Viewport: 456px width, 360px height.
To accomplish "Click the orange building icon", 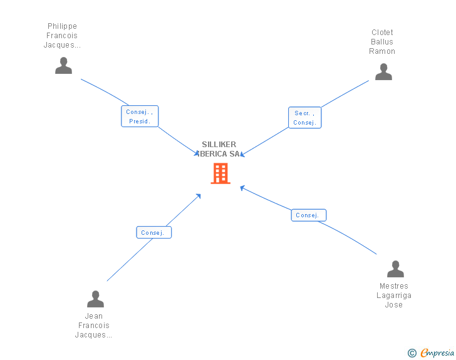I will pyautogui.click(x=220, y=173).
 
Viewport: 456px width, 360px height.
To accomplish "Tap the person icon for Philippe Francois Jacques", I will pyautogui.click(x=63, y=66).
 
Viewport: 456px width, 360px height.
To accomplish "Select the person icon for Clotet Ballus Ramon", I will pyautogui.click(x=383, y=72).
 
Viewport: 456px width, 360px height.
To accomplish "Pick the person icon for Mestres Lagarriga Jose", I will pyautogui.click(x=395, y=269).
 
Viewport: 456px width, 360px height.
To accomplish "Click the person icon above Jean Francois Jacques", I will pyautogui.click(x=95, y=299).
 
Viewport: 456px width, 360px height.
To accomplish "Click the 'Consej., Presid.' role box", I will pyautogui.click(x=140, y=116).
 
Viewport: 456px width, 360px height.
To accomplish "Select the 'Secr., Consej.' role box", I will pyautogui.click(x=304, y=118).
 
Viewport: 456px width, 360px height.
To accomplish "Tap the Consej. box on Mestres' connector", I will pyautogui.click(x=308, y=215).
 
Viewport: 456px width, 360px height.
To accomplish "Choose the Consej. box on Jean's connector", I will pyautogui.click(x=153, y=232).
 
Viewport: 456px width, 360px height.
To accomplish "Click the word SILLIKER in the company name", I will pyautogui.click(x=219, y=145).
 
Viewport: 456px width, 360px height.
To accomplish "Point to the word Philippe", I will pyautogui.click(x=62, y=26).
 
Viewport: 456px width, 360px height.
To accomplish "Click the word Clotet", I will pyautogui.click(x=382, y=33).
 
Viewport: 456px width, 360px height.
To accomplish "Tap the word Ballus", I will pyautogui.click(x=382, y=42).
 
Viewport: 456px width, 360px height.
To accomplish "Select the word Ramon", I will pyautogui.click(x=382, y=51).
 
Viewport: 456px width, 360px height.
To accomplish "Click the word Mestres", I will pyautogui.click(x=394, y=286).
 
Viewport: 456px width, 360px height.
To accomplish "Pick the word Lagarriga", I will pyautogui.click(x=394, y=296).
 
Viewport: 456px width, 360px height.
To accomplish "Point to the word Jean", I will pyautogui.click(x=94, y=316).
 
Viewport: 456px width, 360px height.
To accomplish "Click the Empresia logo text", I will pyautogui.click(x=437, y=353).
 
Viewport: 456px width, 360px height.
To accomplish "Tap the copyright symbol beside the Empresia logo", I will pyautogui.click(x=412, y=353).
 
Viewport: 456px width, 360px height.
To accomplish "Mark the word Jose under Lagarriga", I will pyautogui.click(x=394, y=305).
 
